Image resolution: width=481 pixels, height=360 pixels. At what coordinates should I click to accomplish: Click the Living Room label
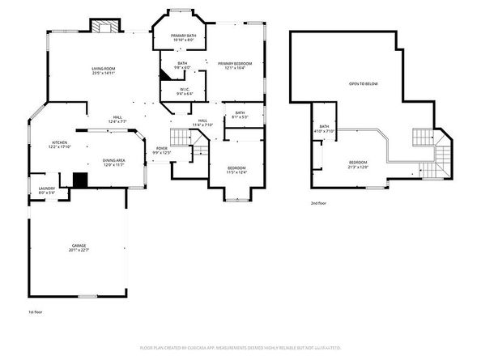click(x=103, y=68)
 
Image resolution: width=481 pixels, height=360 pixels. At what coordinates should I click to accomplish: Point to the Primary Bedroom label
click(x=235, y=63)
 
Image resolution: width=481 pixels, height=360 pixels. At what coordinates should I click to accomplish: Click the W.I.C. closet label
click(x=185, y=91)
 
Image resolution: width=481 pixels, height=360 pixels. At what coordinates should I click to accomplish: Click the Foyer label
click(x=162, y=149)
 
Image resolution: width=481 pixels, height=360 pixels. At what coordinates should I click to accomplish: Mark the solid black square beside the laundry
click(x=79, y=180)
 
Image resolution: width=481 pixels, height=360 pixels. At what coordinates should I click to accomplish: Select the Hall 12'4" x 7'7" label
click(x=117, y=119)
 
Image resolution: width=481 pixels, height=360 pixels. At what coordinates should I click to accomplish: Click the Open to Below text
click(x=363, y=83)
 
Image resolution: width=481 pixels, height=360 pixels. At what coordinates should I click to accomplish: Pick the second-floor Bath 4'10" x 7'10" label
click(x=324, y=128)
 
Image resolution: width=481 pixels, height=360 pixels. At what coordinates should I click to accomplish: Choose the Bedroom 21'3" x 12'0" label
click(x=358, y=164)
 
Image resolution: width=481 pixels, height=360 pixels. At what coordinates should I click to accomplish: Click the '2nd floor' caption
click(x=319, y=203)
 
